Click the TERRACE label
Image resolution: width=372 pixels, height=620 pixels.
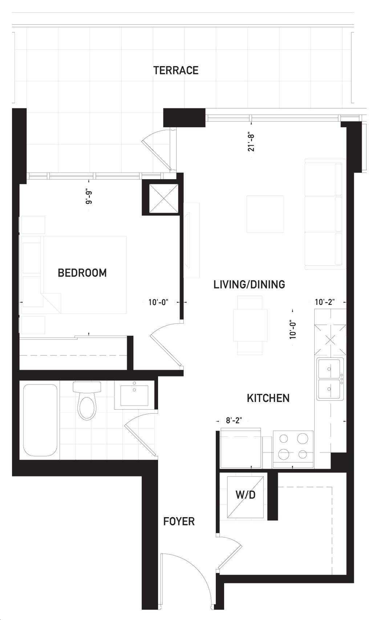[176, 70]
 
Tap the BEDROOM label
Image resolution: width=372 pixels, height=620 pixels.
[82, 273]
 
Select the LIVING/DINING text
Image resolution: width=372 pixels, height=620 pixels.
[249, 285]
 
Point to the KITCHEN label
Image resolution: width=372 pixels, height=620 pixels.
[268, 398]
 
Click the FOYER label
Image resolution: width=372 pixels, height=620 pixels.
[179, 522]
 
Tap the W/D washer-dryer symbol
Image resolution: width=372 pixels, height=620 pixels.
[245, 497]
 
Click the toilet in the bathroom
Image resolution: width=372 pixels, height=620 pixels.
[87, 400]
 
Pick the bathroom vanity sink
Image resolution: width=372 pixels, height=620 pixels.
[134, 395]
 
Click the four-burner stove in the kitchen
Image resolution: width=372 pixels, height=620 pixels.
[293, 449]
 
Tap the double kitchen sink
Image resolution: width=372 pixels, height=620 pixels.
[330, 379]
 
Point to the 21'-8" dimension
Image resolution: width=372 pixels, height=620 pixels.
[251, 142]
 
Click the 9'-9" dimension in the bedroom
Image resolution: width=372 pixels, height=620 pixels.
[89, 197]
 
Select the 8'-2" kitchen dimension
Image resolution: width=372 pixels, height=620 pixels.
[234, 420]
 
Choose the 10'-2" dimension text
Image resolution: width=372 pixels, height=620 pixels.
[325, 302]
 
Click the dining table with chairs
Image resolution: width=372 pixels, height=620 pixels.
[250, 325]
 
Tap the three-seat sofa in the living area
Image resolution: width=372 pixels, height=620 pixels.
[325, 214]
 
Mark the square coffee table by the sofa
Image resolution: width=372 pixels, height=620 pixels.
[265, 214]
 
